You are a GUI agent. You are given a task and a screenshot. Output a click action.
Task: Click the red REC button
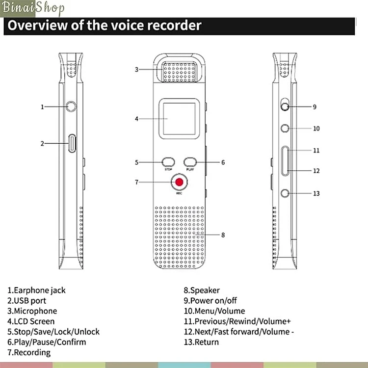click(180, 183)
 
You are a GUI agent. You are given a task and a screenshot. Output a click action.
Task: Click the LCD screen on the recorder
click(179, 118)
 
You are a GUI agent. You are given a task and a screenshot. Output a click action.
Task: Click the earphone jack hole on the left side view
click(72, 106)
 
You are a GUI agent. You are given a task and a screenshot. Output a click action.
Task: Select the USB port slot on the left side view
click(72, 143)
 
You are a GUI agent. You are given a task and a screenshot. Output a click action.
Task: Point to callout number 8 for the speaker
click(223, 235)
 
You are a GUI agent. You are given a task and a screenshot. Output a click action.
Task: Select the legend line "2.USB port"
click(26, 301)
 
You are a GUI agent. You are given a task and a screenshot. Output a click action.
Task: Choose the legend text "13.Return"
click(201, 342)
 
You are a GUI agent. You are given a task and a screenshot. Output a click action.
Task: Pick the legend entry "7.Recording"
click(29, 352)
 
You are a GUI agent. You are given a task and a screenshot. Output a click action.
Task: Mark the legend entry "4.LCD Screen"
click(31, 321)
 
